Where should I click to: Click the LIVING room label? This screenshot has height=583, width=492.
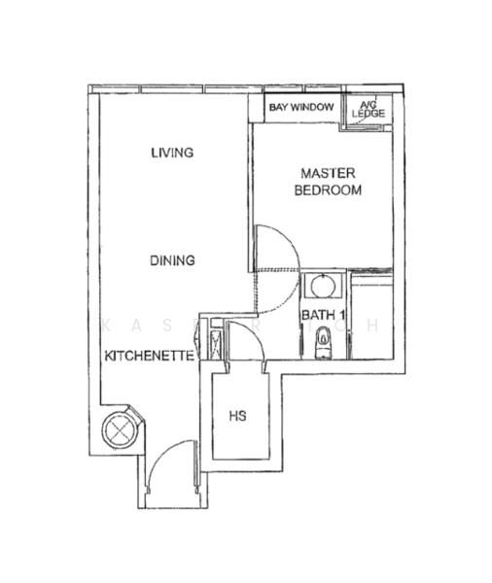click(173, 153)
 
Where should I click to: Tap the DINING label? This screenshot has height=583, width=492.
click(173, 260)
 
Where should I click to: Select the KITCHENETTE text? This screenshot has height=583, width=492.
click(148, 357)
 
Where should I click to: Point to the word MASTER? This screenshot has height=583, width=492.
click(328, 173)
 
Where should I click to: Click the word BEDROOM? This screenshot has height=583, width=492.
click(328, 190)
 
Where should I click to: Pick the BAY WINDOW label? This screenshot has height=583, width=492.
click(301, 107)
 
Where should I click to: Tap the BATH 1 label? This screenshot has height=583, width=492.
click(324, 315)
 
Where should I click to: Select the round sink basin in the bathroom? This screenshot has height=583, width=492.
click(320, 288)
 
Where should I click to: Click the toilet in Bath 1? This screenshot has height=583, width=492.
click(323, 341)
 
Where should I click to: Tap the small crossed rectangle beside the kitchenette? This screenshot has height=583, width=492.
click(213, 341)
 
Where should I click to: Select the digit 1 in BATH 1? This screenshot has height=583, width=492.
click(343, 315)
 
